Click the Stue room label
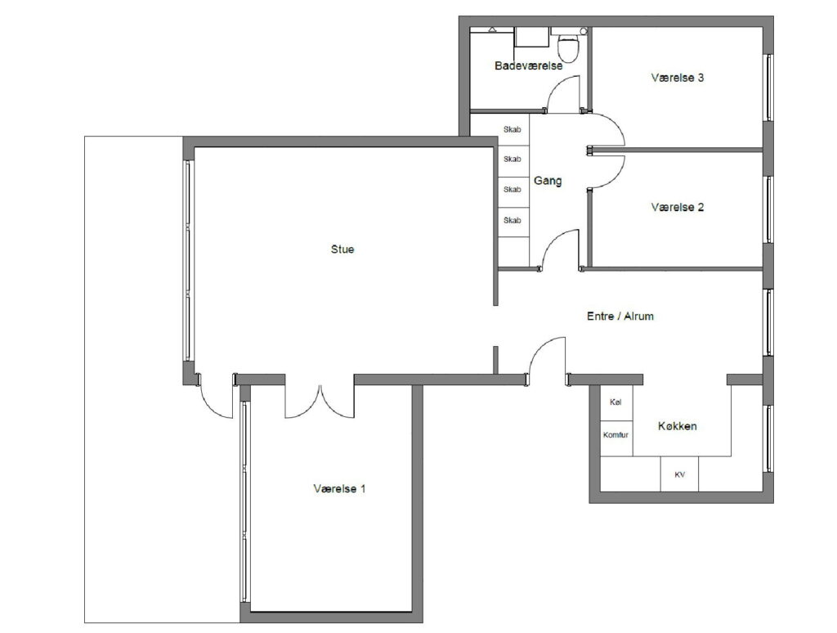point(342,249)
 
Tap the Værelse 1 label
point(339,489)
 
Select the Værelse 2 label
point(678,207)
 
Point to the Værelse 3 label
point(678,78)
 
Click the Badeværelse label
point(529,65)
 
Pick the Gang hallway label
point(548,181)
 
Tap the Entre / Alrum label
point(620,316)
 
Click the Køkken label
point(678,426)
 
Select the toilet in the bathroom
point(567,47)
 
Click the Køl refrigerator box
point(616,403)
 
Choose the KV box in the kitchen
point(679,474)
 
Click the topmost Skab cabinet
point(513,130)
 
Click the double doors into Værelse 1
point(320,402)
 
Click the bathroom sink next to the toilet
point(532,38)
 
